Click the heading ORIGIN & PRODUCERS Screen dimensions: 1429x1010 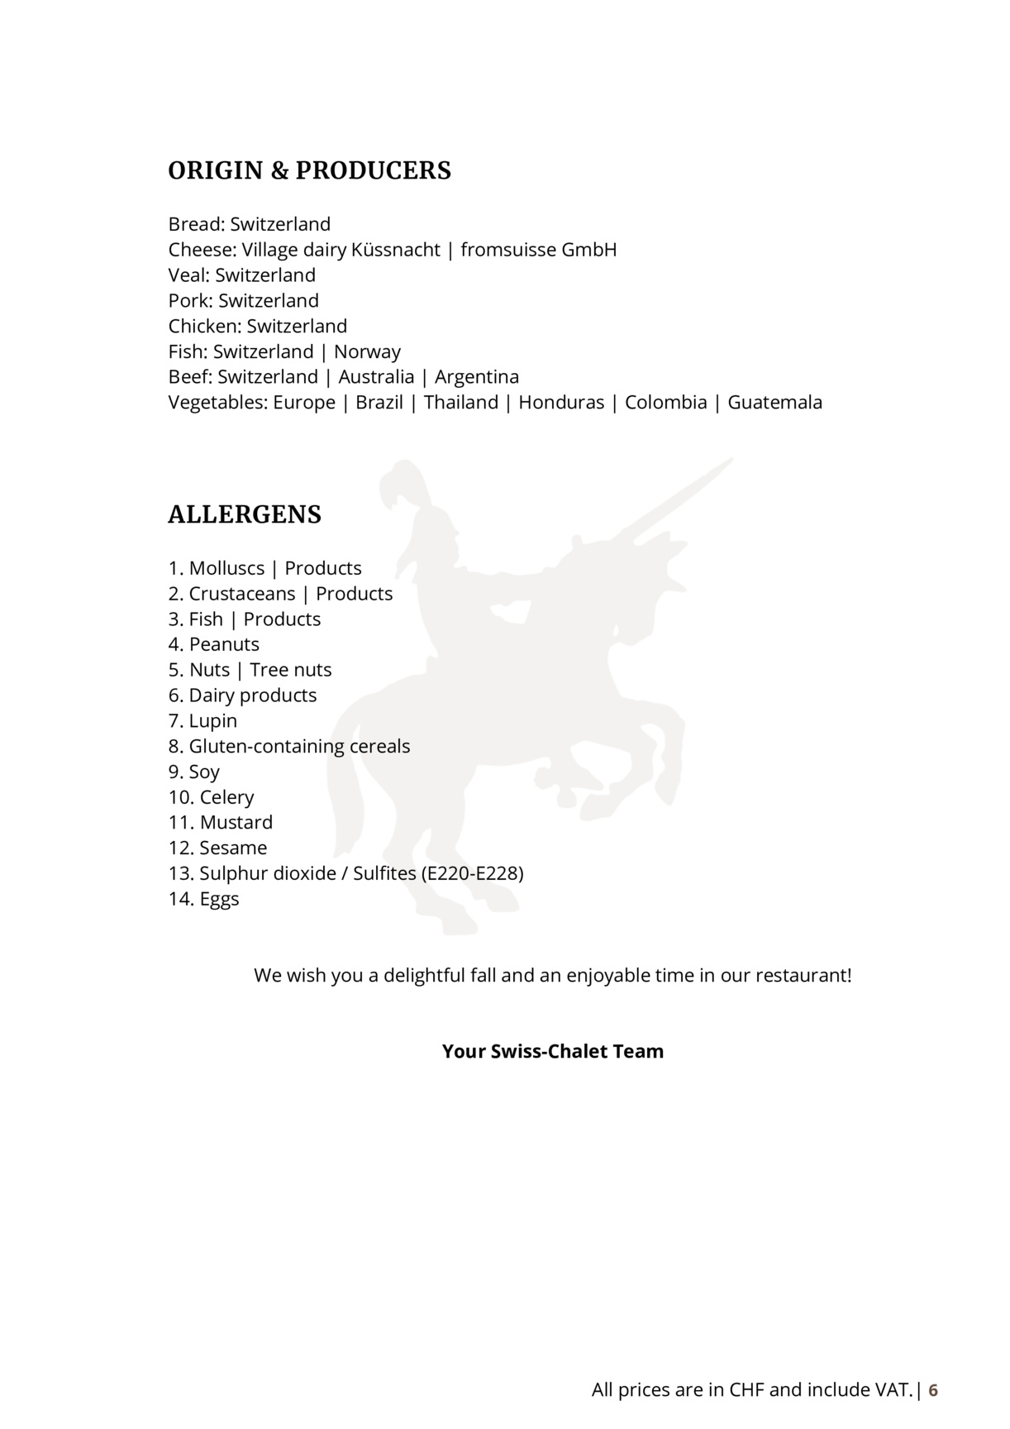point(309,170)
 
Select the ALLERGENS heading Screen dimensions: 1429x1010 point(245,514)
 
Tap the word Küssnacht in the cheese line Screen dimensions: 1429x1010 point(395,250)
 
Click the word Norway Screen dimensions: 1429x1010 point(367,351)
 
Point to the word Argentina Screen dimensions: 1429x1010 point(477,377)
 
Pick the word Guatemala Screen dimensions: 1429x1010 point(774,403)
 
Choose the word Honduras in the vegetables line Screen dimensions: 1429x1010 point(561,403)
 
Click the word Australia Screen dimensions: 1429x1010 point(376,377)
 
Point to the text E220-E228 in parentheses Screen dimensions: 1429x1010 point(472,873)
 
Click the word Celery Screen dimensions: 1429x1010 point(226,797)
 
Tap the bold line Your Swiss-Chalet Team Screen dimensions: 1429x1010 point(552,1051)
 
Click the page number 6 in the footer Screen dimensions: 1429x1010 point(933,1390)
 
